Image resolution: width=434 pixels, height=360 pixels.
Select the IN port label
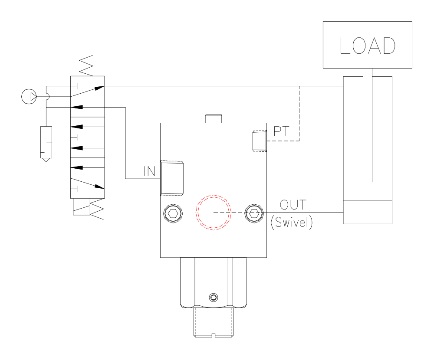[x=149, y=171]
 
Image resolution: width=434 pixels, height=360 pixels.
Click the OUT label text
[x=293, y=204]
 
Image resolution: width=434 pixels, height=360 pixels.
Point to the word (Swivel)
[x=291, y=223]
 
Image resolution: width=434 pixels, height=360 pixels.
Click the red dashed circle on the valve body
[x=213, y=213]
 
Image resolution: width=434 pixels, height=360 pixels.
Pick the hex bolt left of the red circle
[x=173, y=213]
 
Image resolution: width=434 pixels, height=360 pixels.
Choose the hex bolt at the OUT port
[x=254, y=213]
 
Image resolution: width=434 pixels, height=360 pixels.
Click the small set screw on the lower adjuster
[x=213, y=297]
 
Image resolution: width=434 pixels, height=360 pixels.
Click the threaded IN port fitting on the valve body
[x=172, y=178]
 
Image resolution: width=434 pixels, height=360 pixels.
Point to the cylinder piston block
[x=368, y=191]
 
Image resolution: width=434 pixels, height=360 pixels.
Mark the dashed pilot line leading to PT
[x=299, y=115]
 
